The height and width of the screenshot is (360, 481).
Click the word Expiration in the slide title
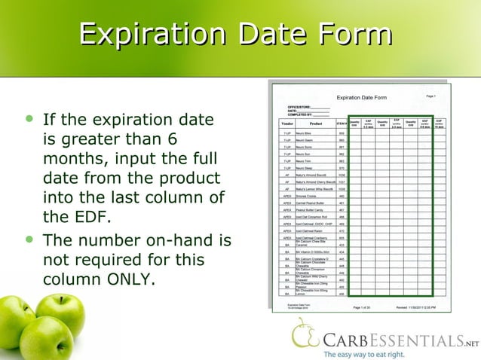tap(153, 35)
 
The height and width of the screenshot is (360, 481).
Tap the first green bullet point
tap(29, 119)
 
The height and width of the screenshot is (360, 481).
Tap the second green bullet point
tap(29, 240)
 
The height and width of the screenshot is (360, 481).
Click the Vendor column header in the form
tap(286, 124)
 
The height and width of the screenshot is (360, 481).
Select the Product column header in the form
tap(315, 124)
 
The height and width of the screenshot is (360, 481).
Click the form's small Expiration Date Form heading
tap(361, 98)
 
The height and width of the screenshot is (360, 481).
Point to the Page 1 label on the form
tap(431, 96)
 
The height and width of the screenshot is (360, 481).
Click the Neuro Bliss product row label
tap(304, 133)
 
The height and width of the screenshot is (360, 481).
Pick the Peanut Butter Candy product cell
tap(309, 210)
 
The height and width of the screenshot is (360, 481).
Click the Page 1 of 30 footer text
tap(361, 307)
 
